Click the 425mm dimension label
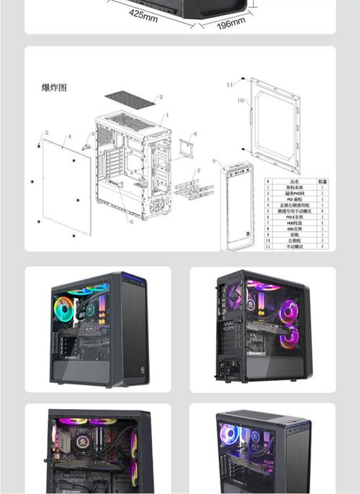pos(143,15)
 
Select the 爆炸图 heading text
pos(54,88)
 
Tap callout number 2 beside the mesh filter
pos(161,97)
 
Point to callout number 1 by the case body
pos(167,114)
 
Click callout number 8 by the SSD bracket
pos(194,135)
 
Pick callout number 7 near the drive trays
pos(199,171)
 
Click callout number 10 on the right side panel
pos(240,102)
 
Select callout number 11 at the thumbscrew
pos(230,84)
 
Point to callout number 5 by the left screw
pos(46,133)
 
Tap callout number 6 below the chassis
pos(132,222)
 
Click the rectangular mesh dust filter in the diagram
pos(130,96)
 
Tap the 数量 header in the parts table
pos(323,181)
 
